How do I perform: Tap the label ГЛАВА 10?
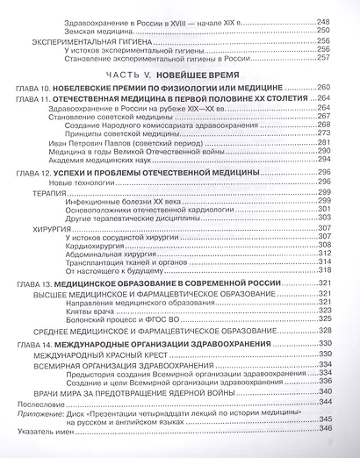click(x=32, y=89)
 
